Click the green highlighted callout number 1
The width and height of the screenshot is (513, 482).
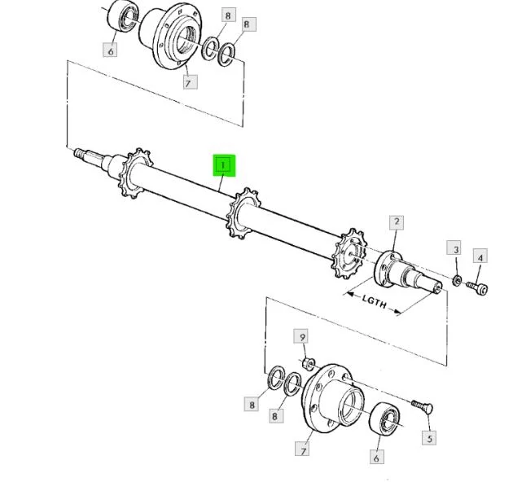pyautogui.click(x=224, y=165)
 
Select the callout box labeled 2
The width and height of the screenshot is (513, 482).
pyautogui.click(x=397, y=222)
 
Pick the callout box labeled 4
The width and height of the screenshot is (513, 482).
pyautogui.click(x=480, y=258)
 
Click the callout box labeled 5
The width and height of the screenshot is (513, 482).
pyautogui.click(x=429, y=438)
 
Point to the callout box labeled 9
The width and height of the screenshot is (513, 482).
pyautogui.click(x=301, y=336)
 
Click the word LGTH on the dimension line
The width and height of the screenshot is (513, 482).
pyautogui.click(x=374, y=302)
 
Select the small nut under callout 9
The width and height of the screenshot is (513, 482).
pyautogui.click(x=308, y=364)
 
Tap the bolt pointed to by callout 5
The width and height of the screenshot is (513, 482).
pyautogui.click(x=423, y=406)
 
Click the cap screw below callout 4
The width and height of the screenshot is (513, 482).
pyautogui.click(x=477, y=287)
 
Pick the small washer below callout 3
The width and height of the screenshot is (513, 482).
pyautogui.click(x=457, y=280)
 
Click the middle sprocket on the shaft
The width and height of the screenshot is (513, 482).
pyautogui.click(x=243, y=213)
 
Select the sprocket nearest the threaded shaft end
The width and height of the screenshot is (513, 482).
pyautogui.click(x=135, y=173)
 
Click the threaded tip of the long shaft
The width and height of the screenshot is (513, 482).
pyautogui.click(x=78, y=152)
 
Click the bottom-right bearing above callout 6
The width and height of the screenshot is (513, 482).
pyautogui.click(x=384, y=419)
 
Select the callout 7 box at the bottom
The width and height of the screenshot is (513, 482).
pyautogui.click(x=302, y=449)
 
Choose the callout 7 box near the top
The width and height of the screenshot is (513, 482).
pyautogui.click(x=190, y=81)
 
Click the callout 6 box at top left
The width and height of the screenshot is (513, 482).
pyautogui.click(x=110, y=50)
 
